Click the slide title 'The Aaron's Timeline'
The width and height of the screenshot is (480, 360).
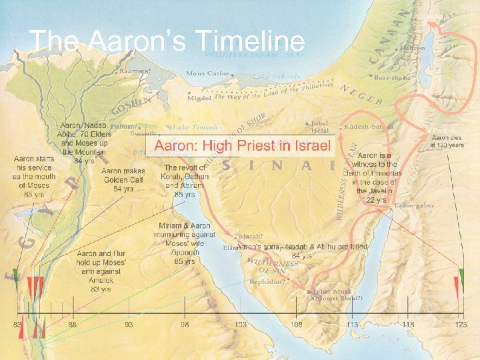(x=167, y=41)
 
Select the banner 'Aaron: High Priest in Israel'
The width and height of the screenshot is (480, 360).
(x=242, y=146)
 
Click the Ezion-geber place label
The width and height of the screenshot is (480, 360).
(x=414, y=206)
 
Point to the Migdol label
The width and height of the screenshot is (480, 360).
(x=197, y=97)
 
